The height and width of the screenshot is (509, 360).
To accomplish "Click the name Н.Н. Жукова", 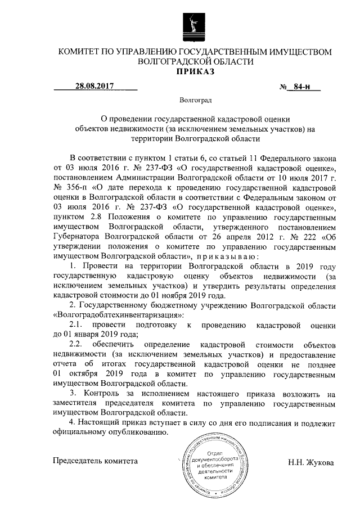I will coord(310,463).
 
